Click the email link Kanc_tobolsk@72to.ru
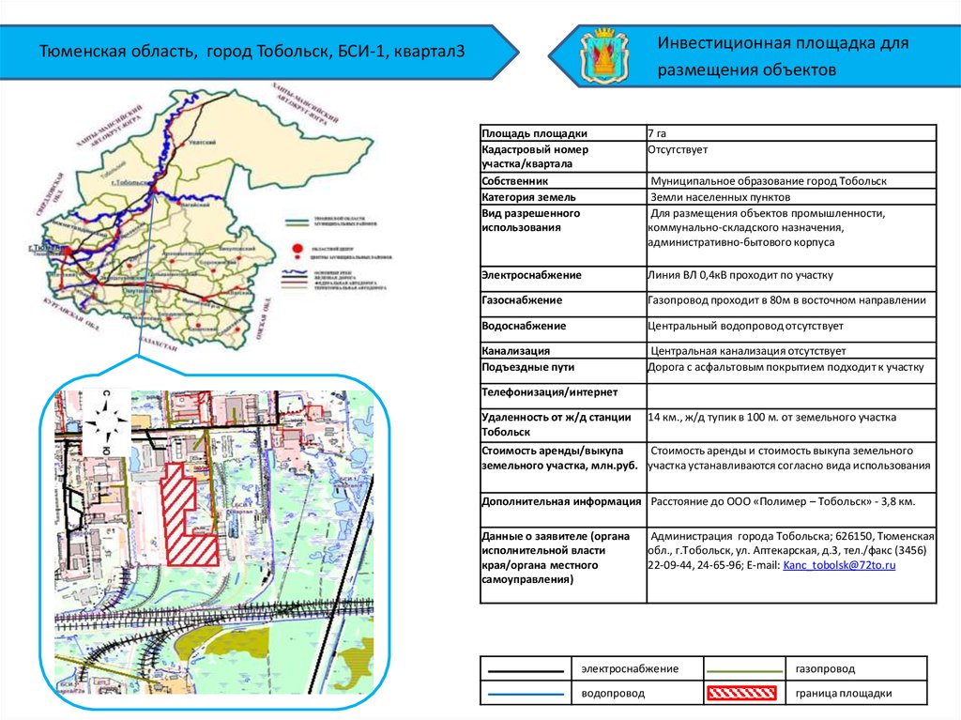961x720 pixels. point(839,566)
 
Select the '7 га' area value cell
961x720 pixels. point(657,133)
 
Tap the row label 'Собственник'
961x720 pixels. point(514,180)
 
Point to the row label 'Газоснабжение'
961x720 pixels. point(522,300)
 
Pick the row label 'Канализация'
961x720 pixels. point(515,350)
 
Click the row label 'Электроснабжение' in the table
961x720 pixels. point(531,276)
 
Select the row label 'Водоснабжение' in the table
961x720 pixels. point(524,326)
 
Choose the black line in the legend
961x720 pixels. point(526,670)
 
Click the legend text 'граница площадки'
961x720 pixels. point(843,694)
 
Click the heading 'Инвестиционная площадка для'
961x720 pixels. point(783,44)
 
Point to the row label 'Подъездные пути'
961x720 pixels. point(527,367)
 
